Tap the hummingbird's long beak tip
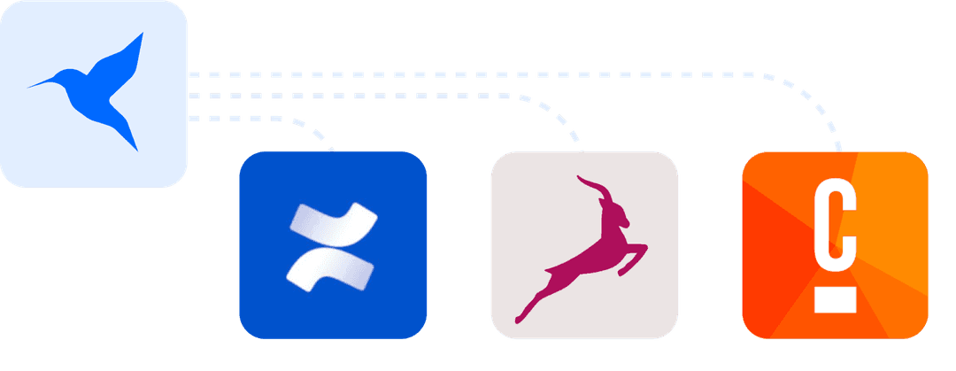(x=29, y=87)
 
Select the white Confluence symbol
(x=332, y=246)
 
